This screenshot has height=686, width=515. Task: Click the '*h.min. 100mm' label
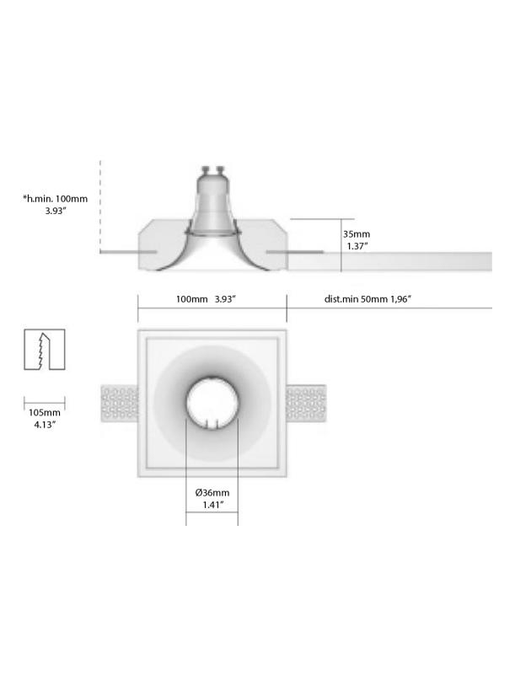click(56, 199)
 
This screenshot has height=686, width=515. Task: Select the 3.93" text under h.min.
click(56, 212)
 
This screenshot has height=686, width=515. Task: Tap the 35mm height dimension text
click(357, 234)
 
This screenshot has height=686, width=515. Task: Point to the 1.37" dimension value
click(357, 247)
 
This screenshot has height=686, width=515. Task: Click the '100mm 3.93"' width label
click(206, 299)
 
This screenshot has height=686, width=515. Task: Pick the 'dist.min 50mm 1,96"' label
click(367, 299)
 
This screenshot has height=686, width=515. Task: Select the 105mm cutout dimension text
click(45, 412)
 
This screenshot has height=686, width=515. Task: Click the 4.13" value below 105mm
click(45, 425)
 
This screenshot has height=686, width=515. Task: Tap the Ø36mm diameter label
click(212, 492)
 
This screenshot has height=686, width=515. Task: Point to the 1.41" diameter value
click(212, 505)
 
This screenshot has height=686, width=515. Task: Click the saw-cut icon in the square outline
click(45, 349)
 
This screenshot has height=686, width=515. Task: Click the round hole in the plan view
click(212, 404)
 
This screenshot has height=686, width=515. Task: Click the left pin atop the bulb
click(203, 169)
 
